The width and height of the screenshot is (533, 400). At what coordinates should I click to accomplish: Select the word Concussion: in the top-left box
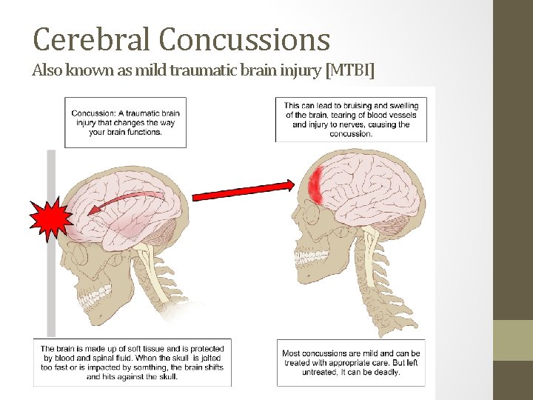point(94,113)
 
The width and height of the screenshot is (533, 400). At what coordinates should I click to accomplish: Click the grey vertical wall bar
point(51,281)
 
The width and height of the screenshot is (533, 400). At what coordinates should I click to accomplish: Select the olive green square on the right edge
point(513,340)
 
